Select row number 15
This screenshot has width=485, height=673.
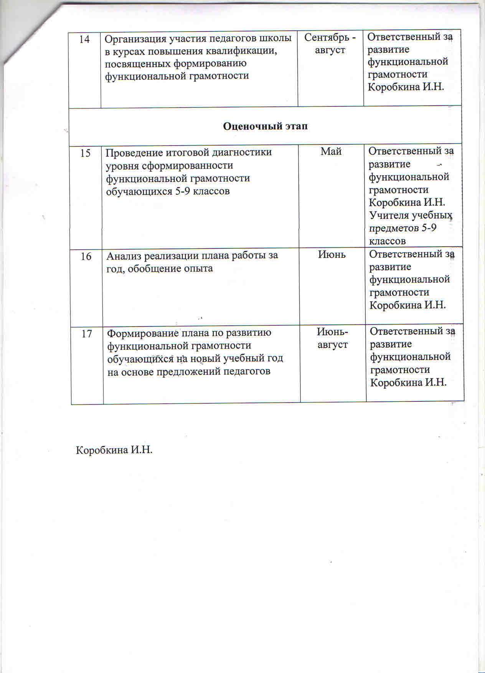coord(85,153)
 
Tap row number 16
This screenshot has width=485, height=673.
coord(86,256)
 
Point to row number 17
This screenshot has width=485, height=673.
coord(87,333)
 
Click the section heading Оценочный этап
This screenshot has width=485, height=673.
coord(265,126)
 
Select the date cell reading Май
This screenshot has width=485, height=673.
coord(331,151)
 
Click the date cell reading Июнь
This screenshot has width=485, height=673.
coord(332,254)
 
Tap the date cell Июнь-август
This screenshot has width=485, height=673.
coord(332,338)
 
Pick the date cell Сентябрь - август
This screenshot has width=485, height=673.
coord(330,43)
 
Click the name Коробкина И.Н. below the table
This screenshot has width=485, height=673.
coord(114,450)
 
